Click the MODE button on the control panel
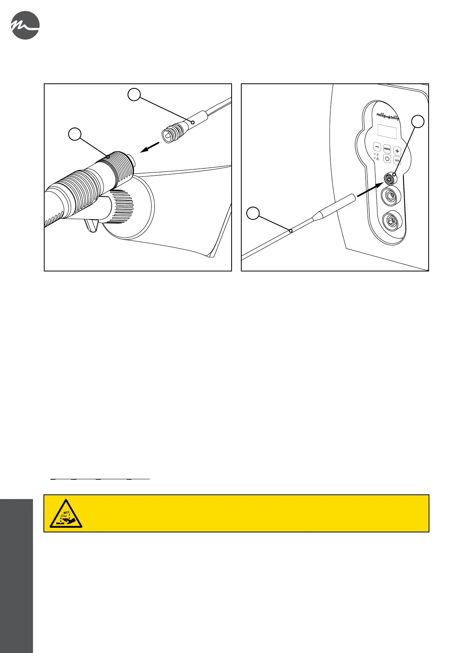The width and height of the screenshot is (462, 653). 387,148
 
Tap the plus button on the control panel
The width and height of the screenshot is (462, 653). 397,151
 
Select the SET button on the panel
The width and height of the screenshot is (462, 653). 397,160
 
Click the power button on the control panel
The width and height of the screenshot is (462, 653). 387,158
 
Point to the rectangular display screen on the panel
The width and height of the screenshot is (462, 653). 387,132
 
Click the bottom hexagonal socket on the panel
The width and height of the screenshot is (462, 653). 391,221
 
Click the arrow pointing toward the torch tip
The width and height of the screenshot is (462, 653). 149,148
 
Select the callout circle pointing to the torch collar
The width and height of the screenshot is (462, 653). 75,134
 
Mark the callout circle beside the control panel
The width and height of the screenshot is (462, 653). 418,121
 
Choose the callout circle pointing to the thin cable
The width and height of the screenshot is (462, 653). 253,213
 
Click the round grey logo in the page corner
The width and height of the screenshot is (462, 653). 25,25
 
